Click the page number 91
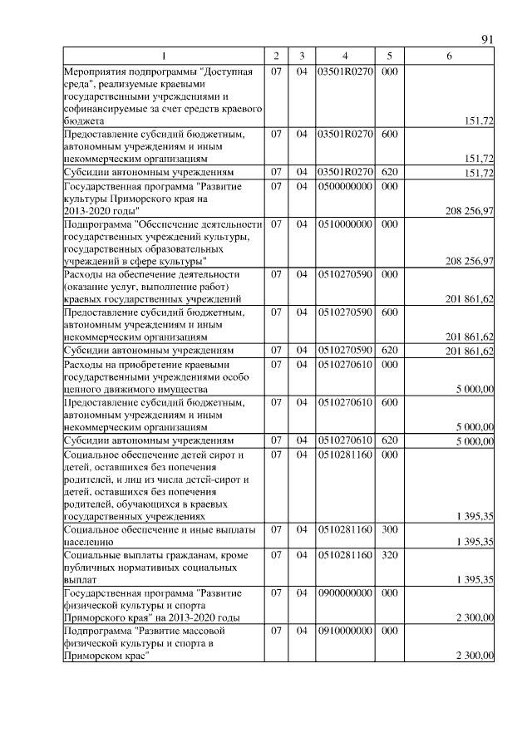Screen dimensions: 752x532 tap(488, 40)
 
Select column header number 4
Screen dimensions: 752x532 tap(344, 56)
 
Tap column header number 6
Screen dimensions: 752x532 tap(450, 56)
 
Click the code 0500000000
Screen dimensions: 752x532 tap(344, 188)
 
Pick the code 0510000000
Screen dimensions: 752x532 tap(344, 224)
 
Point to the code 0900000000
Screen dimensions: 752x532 tap(344, 593)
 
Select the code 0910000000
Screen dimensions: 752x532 tap(344, 631)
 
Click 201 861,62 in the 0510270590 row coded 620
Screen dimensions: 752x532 tap(470, 351)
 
